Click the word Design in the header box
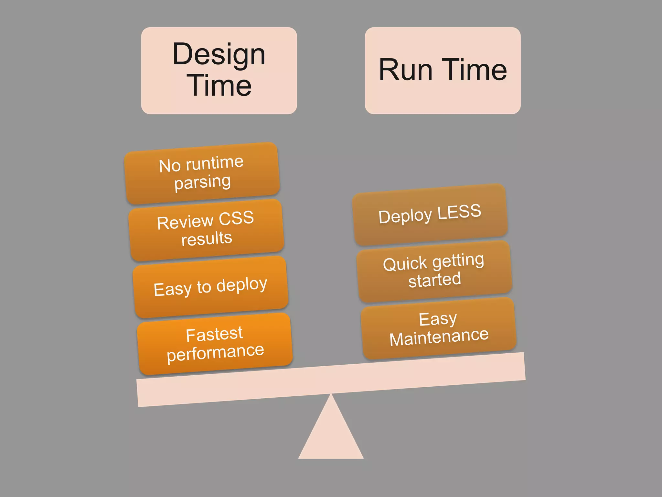click(219, 54)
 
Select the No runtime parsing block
click(202, 173)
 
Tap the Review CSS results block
click(206, 230)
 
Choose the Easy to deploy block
click(210, 287)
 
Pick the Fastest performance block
click(215, 344)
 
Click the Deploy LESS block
click(430, 214)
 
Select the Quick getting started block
click(434, 271)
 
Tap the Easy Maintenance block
click(438, 328)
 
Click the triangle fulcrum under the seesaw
click(331, 434)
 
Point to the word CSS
click(236, 218)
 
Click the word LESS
click(459, 212)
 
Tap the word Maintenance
click(439, 337)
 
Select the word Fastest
click(214, 334)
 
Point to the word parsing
click(203, 182)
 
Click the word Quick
click(405, 264)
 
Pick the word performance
click(215, 353)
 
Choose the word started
click(434, 280)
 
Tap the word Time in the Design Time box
click(219, 85)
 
